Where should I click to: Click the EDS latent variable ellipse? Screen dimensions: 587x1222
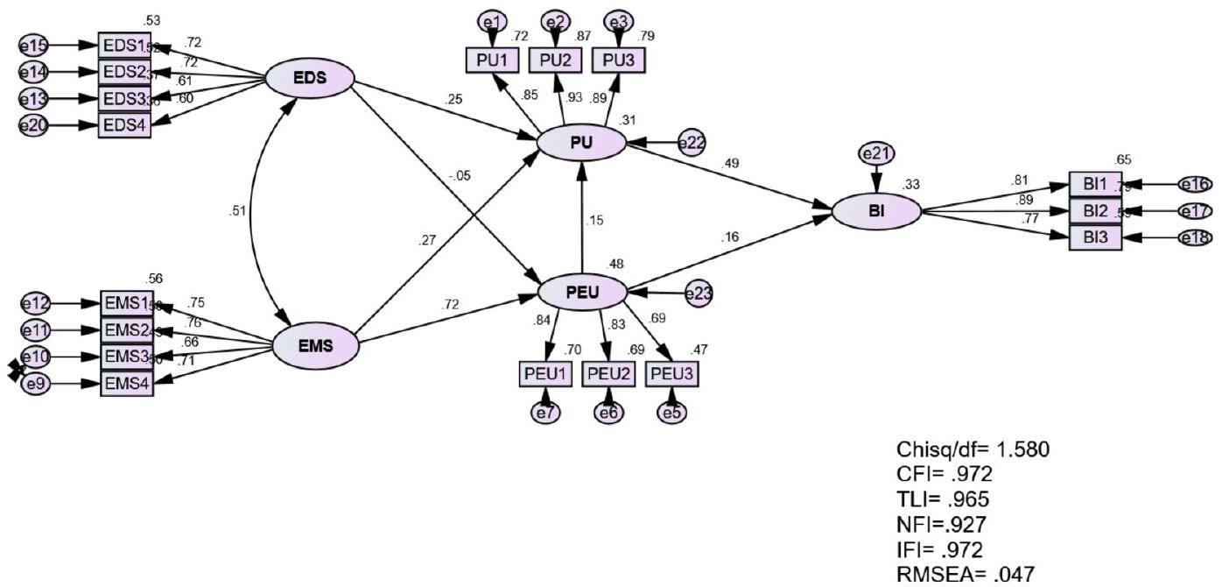(x=310, y=78)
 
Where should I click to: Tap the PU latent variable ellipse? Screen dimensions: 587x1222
(x=582, y=142)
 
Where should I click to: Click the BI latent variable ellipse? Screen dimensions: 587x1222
(x=876, y=212)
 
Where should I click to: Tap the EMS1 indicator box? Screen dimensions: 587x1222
(x=126, y=304)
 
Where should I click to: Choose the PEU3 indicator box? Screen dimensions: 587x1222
(x=672, y=374)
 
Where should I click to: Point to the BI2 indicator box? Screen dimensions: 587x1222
(x=1094, y=211)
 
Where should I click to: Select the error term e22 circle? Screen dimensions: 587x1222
(x=691, y=142)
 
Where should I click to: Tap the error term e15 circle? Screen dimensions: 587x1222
(x=34, y=45)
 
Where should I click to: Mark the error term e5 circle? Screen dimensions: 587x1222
(x=672, y=412)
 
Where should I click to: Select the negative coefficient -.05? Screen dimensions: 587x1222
(x=458, y=176)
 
